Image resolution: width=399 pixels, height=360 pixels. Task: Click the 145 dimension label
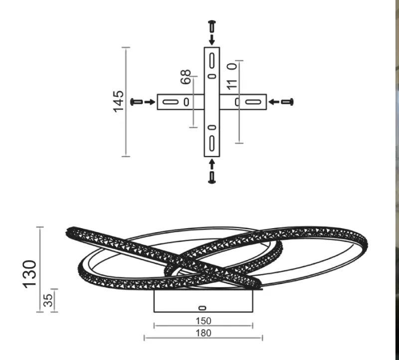[118, 101]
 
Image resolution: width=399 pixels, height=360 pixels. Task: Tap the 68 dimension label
[186, 77]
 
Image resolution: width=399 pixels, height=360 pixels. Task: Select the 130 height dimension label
[30, 275]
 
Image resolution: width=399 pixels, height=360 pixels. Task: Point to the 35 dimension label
[48, 300]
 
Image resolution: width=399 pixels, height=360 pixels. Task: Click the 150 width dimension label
[203, 321]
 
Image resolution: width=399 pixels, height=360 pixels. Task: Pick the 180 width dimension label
[203, 333]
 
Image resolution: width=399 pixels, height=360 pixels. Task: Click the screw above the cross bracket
[212, 26]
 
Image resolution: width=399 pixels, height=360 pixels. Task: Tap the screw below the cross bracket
[212, 177]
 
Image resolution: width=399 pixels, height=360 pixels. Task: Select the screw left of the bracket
[136, 102]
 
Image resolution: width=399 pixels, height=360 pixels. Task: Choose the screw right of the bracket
[287, 102]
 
